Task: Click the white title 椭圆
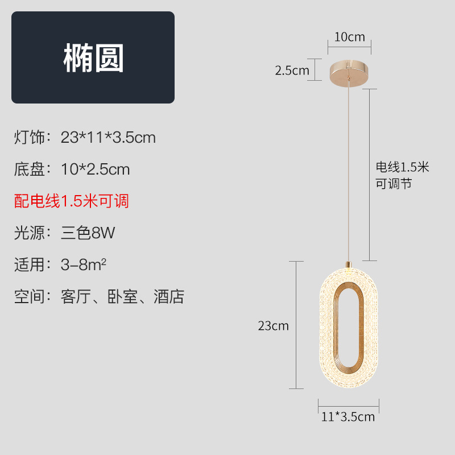click(93, 58)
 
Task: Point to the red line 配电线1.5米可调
click(72, 201)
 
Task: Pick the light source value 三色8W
click(88, 233)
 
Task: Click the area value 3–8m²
click(85, 264)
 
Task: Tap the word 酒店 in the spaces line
click(169, 296)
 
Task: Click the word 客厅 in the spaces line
click(76, 296)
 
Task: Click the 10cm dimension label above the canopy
click(349, 38)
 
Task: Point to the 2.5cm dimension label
click(292, 71)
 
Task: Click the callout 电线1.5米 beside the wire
click(402, 167)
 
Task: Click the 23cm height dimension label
click(274, 326)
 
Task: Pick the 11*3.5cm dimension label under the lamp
click(348, 417)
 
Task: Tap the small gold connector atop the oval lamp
click(348, 264)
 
